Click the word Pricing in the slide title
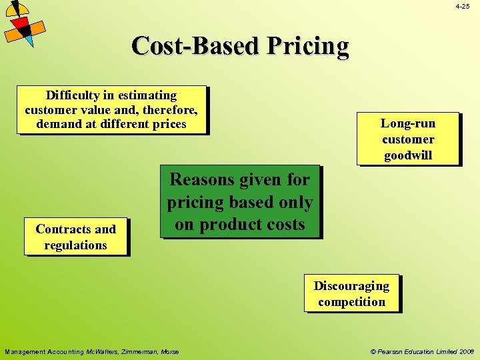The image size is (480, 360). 308,46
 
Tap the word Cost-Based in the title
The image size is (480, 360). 195,46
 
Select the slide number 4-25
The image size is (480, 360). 463,6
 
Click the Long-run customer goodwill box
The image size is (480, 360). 407,139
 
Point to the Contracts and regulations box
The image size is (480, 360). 75,237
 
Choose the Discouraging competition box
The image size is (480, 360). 351,293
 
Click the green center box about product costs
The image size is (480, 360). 239,202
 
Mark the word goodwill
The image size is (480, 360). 407,155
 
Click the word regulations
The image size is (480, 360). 75,245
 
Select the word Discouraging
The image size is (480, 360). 351,285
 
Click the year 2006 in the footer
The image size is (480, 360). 466,351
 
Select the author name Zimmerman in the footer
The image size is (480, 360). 141,351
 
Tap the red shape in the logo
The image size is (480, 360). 21,25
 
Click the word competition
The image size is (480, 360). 351,301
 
